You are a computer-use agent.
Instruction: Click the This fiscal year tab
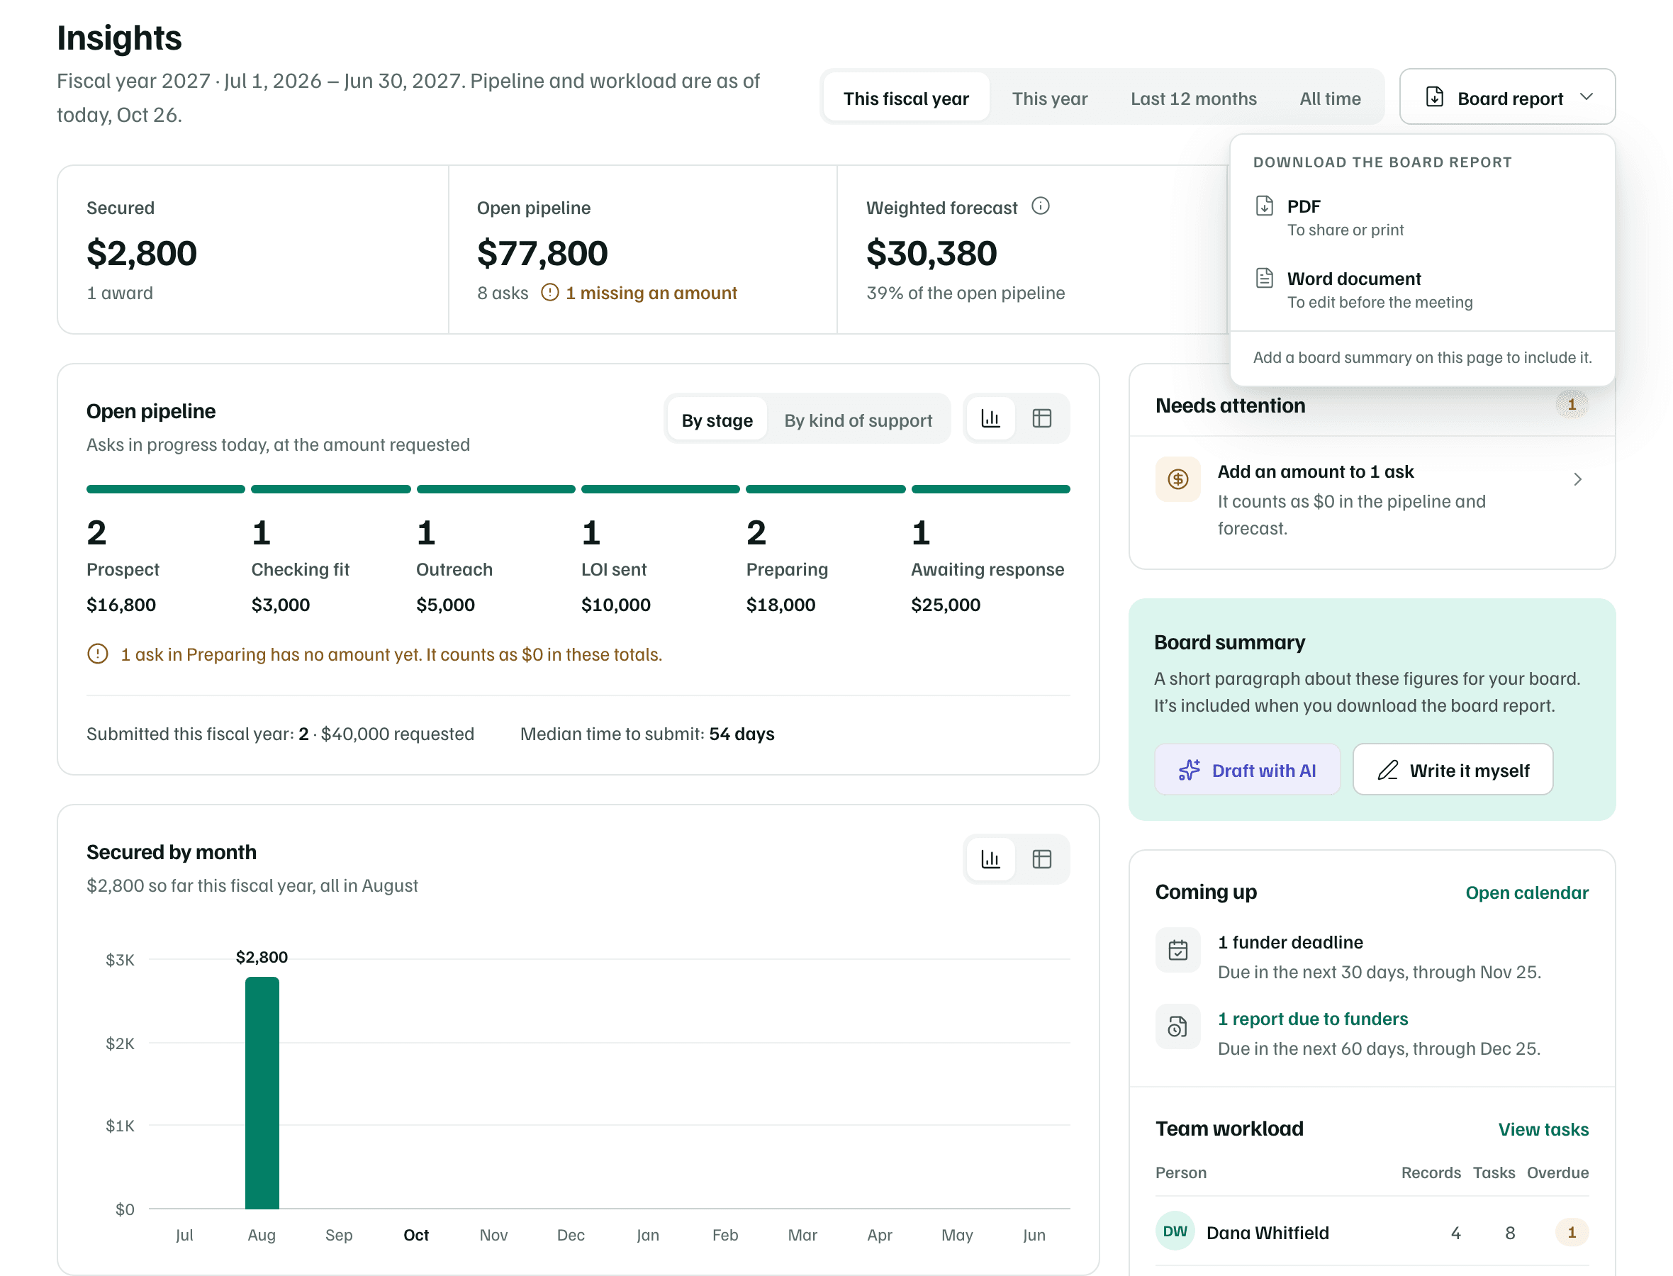click(905, 98)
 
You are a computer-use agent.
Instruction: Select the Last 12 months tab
click(1193, 98)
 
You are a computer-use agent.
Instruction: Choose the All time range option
click(1330, 98)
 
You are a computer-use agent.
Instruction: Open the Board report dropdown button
click(1507, 96)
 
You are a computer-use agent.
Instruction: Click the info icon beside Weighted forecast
click(1041, 206)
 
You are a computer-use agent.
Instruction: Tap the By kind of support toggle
click(858, 420)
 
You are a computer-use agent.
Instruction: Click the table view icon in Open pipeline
click(1042, 418)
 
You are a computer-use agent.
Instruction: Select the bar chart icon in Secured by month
click(990, 859)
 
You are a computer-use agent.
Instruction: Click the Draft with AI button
click(1247, 770)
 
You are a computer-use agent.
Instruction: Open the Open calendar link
click(1526, 892)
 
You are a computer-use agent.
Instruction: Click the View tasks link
click(1543, 1129)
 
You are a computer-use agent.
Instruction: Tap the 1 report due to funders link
click(1312, 1019)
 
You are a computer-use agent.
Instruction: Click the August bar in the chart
click(262, 1093)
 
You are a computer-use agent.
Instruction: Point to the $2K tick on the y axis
click(120, 1043)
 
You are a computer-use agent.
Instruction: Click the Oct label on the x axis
click(416, 1235)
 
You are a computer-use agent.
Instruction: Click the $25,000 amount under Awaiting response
click(946, 605)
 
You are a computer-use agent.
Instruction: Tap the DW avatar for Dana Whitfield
click(1175, 1231)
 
